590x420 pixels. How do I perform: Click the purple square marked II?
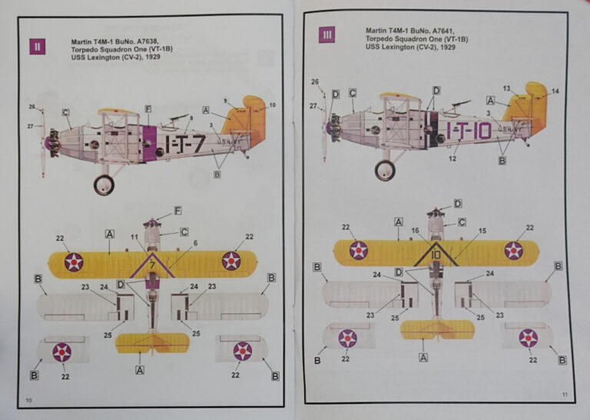click(x=36, y=45)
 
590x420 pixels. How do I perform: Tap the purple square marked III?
click(x=327, y=35)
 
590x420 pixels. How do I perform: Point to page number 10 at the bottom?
click(x=28, y=401)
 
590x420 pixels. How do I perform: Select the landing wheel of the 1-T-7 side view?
click(x=104, y=185)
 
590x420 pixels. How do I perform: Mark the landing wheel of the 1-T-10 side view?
click(x=384, y=171)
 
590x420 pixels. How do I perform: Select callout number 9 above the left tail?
click(x=224, y=102)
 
